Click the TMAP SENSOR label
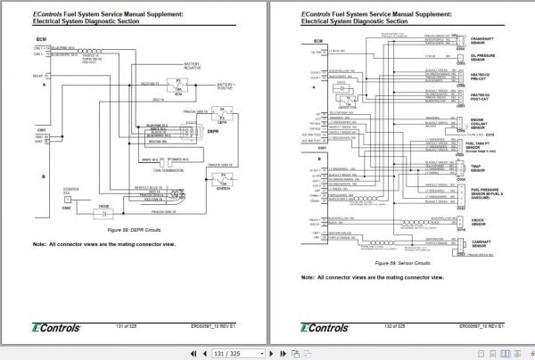pos(480,169)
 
